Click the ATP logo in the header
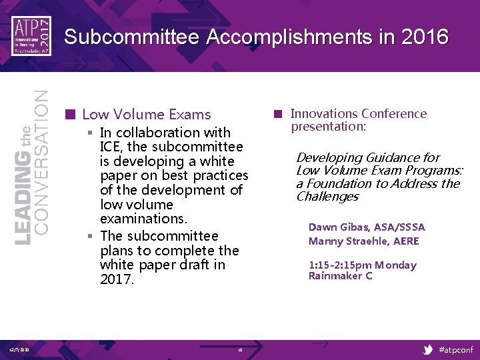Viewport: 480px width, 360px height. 31,35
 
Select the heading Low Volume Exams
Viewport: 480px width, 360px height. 146,115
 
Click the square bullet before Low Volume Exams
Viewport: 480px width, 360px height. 70,114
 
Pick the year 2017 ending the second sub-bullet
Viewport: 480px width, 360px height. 117,279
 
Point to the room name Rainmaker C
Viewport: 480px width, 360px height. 340,276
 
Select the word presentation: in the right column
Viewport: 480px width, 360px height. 328,127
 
